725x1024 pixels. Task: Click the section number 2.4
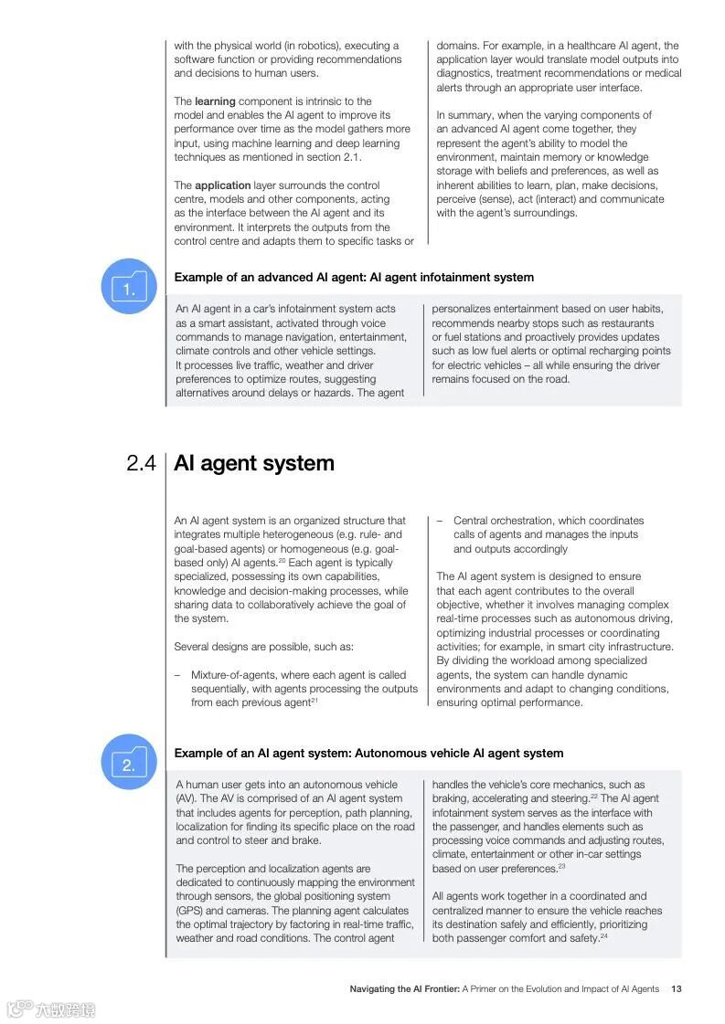coord(141,464)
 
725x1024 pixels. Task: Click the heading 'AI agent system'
coord(254,463)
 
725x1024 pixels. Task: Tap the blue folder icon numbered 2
coord(128,763)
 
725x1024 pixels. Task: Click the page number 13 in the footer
coord(676,988)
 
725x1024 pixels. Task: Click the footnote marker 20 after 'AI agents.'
coord(283,561)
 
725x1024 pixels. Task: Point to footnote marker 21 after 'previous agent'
coord(315,701)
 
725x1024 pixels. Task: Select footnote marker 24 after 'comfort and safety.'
coord(603,936)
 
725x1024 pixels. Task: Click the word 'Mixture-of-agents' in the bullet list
coord(232,674)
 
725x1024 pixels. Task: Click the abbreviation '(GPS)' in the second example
coord(189,911)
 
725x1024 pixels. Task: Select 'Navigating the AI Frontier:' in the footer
coord(404,988)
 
